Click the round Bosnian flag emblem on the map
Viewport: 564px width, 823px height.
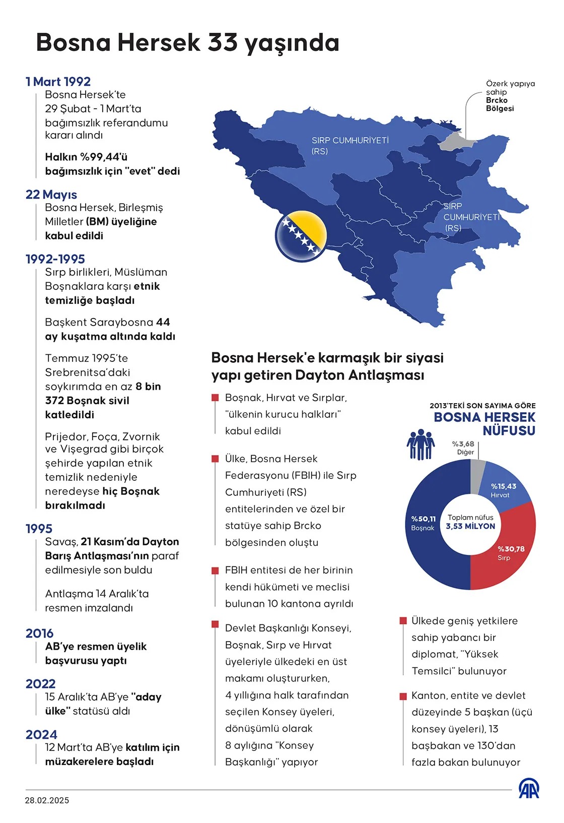[301, 236]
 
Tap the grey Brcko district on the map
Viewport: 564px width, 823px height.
[455, 142]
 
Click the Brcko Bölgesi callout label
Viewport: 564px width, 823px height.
[500, 104]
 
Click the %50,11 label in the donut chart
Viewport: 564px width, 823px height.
[423, 519]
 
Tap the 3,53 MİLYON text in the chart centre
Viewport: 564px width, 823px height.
[470, 526]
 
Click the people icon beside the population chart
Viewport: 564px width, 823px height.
[420, 445]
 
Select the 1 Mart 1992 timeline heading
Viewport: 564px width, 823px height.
[58, 82]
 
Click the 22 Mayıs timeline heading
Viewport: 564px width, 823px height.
[51, 195]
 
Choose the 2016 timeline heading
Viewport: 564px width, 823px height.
[39, 633]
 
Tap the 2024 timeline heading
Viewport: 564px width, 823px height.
[41, 734]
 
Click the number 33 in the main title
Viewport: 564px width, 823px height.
[223, 42]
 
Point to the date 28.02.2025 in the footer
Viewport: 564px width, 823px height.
[47, 800]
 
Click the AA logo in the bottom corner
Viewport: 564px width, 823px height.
[529, 789]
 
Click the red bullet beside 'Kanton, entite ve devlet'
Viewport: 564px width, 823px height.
[403, 696]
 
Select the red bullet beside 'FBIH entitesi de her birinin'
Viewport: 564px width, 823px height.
[215, 571]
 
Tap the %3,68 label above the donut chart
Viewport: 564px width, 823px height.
[463, 444]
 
